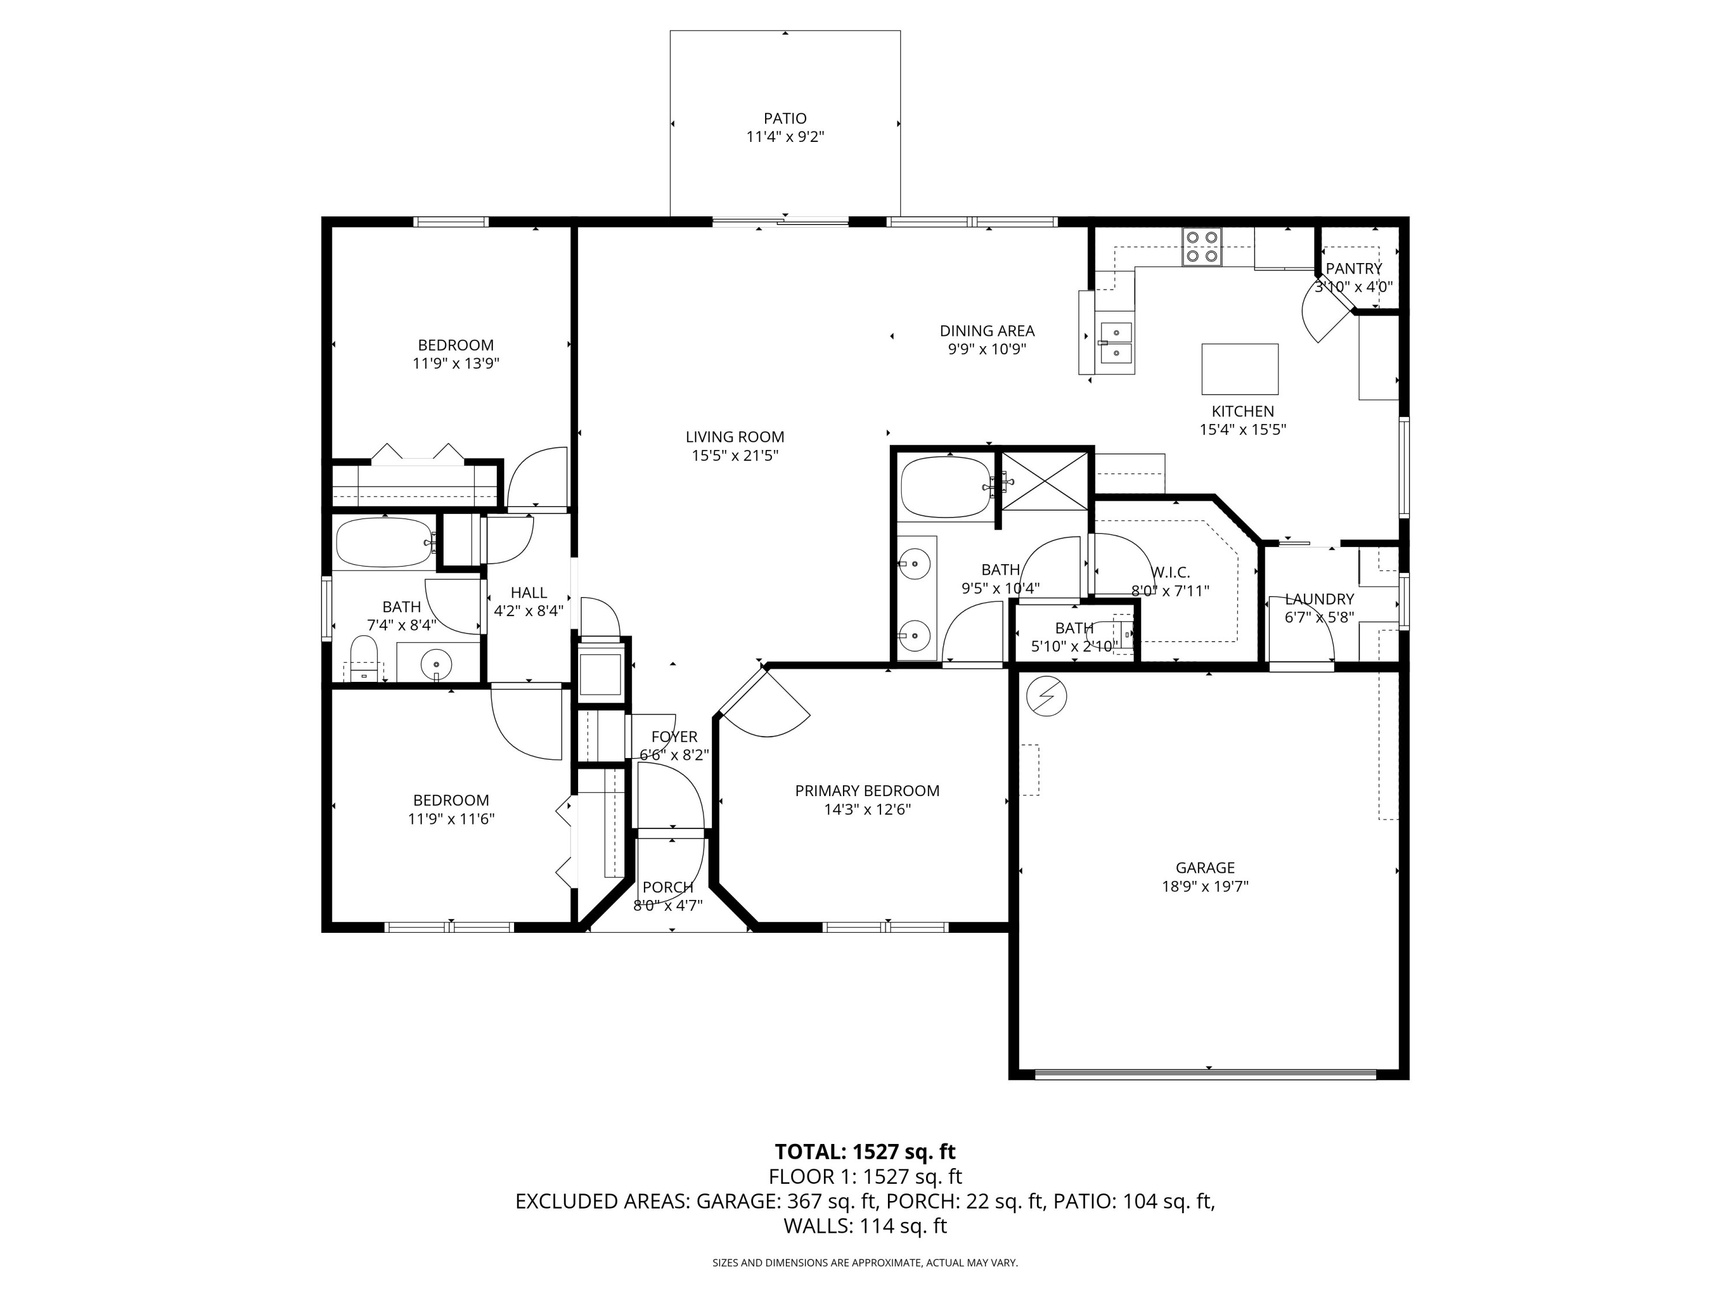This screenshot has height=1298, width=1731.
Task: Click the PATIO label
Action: pos(785,118)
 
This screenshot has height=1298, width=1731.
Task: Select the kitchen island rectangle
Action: pos(1239,369)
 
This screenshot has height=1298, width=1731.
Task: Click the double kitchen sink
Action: pos(1116,343)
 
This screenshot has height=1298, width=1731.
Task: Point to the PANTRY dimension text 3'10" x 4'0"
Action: pos(1354,287)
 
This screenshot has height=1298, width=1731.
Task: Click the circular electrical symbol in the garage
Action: pos(1046,696)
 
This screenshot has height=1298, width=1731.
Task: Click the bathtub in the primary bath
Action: pos(945,487)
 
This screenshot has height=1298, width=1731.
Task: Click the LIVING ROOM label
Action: pos(735,437)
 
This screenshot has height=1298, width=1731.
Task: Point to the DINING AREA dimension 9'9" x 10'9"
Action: pos(987,350)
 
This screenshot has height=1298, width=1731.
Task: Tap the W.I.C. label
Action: pos(1171,573)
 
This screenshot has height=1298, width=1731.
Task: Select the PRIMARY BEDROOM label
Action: pos(867,791)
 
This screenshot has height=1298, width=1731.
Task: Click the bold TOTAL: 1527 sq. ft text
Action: pos(865,1151)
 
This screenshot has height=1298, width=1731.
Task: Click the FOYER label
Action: pos(674,737)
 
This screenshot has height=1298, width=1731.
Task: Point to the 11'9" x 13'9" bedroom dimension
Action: pos(455,364)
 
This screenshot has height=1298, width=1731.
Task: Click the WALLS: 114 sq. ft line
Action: pos(865,1226)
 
